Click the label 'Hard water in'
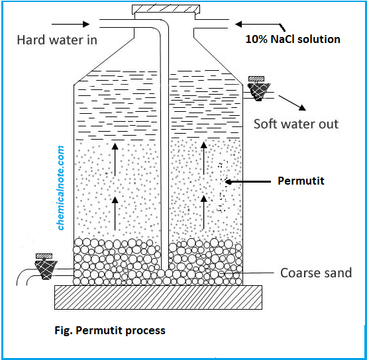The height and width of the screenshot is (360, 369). (x=57, y=40)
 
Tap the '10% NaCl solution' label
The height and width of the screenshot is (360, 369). (x=292, y=39)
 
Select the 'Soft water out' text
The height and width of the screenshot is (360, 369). (x=296, y=124)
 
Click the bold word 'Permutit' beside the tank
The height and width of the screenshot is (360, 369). (x=301, y=181)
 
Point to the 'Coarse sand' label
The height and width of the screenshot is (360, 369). (x=316, y=273)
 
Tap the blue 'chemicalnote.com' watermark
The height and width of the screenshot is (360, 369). (x=62, y=188)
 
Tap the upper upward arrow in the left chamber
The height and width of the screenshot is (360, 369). (x=116, y=158)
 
